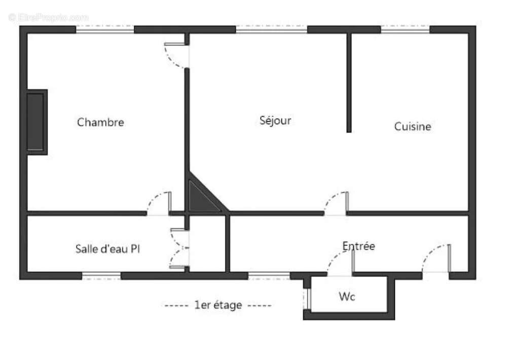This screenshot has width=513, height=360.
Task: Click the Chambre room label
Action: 100,122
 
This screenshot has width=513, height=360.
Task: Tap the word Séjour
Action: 275,121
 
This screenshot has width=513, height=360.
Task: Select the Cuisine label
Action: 413,126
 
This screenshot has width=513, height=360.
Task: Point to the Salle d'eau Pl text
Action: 108,249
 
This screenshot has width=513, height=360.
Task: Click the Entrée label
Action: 358,246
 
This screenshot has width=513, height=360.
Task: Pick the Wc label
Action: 347,297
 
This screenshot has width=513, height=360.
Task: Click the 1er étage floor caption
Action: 217,305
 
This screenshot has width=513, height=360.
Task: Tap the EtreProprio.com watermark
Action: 48,18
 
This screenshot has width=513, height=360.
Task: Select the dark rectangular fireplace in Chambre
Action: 36,122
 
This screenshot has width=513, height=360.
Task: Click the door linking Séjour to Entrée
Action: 336,203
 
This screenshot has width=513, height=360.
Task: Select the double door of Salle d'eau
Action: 179,248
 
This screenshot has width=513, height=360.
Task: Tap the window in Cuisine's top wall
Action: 405,29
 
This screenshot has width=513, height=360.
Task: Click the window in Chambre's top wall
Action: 105,29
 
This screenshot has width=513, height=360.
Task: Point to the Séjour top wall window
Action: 271,29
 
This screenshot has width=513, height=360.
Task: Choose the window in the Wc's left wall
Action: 307,299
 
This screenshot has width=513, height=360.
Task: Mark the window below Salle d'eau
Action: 101,276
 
